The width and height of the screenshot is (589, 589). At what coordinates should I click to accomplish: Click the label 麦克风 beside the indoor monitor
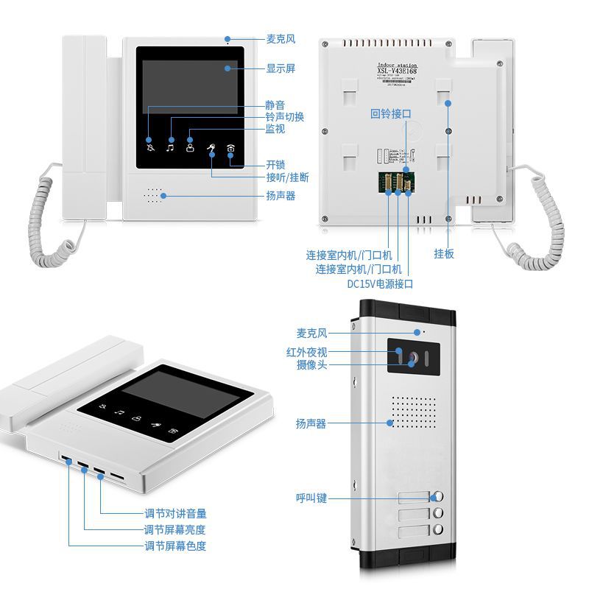point(281,39)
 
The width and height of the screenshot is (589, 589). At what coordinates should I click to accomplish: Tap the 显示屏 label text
point(281,68)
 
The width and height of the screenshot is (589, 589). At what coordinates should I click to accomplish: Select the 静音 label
point(275,105)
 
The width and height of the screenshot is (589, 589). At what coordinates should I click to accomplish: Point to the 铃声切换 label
point(284,116)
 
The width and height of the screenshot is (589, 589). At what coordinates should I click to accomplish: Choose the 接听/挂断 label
point(287,177)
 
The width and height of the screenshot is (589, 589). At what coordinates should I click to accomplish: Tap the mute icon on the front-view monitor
point(151,147)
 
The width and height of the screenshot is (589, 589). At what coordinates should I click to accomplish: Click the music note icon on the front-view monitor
point(171,147)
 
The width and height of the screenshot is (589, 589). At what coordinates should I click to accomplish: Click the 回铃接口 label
point(390,114)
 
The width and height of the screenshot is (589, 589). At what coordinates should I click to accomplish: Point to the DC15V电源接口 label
point(380,283)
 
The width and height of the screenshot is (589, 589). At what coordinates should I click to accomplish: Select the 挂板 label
point(444,253)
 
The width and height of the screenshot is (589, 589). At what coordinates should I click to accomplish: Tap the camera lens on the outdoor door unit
point(412,358)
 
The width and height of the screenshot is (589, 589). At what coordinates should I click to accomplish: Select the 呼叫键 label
point(311,498)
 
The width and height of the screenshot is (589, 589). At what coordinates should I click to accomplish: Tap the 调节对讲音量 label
point(175,514)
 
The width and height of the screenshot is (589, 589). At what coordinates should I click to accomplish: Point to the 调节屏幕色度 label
point(175,546)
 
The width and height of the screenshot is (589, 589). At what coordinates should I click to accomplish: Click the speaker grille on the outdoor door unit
point(410,417)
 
